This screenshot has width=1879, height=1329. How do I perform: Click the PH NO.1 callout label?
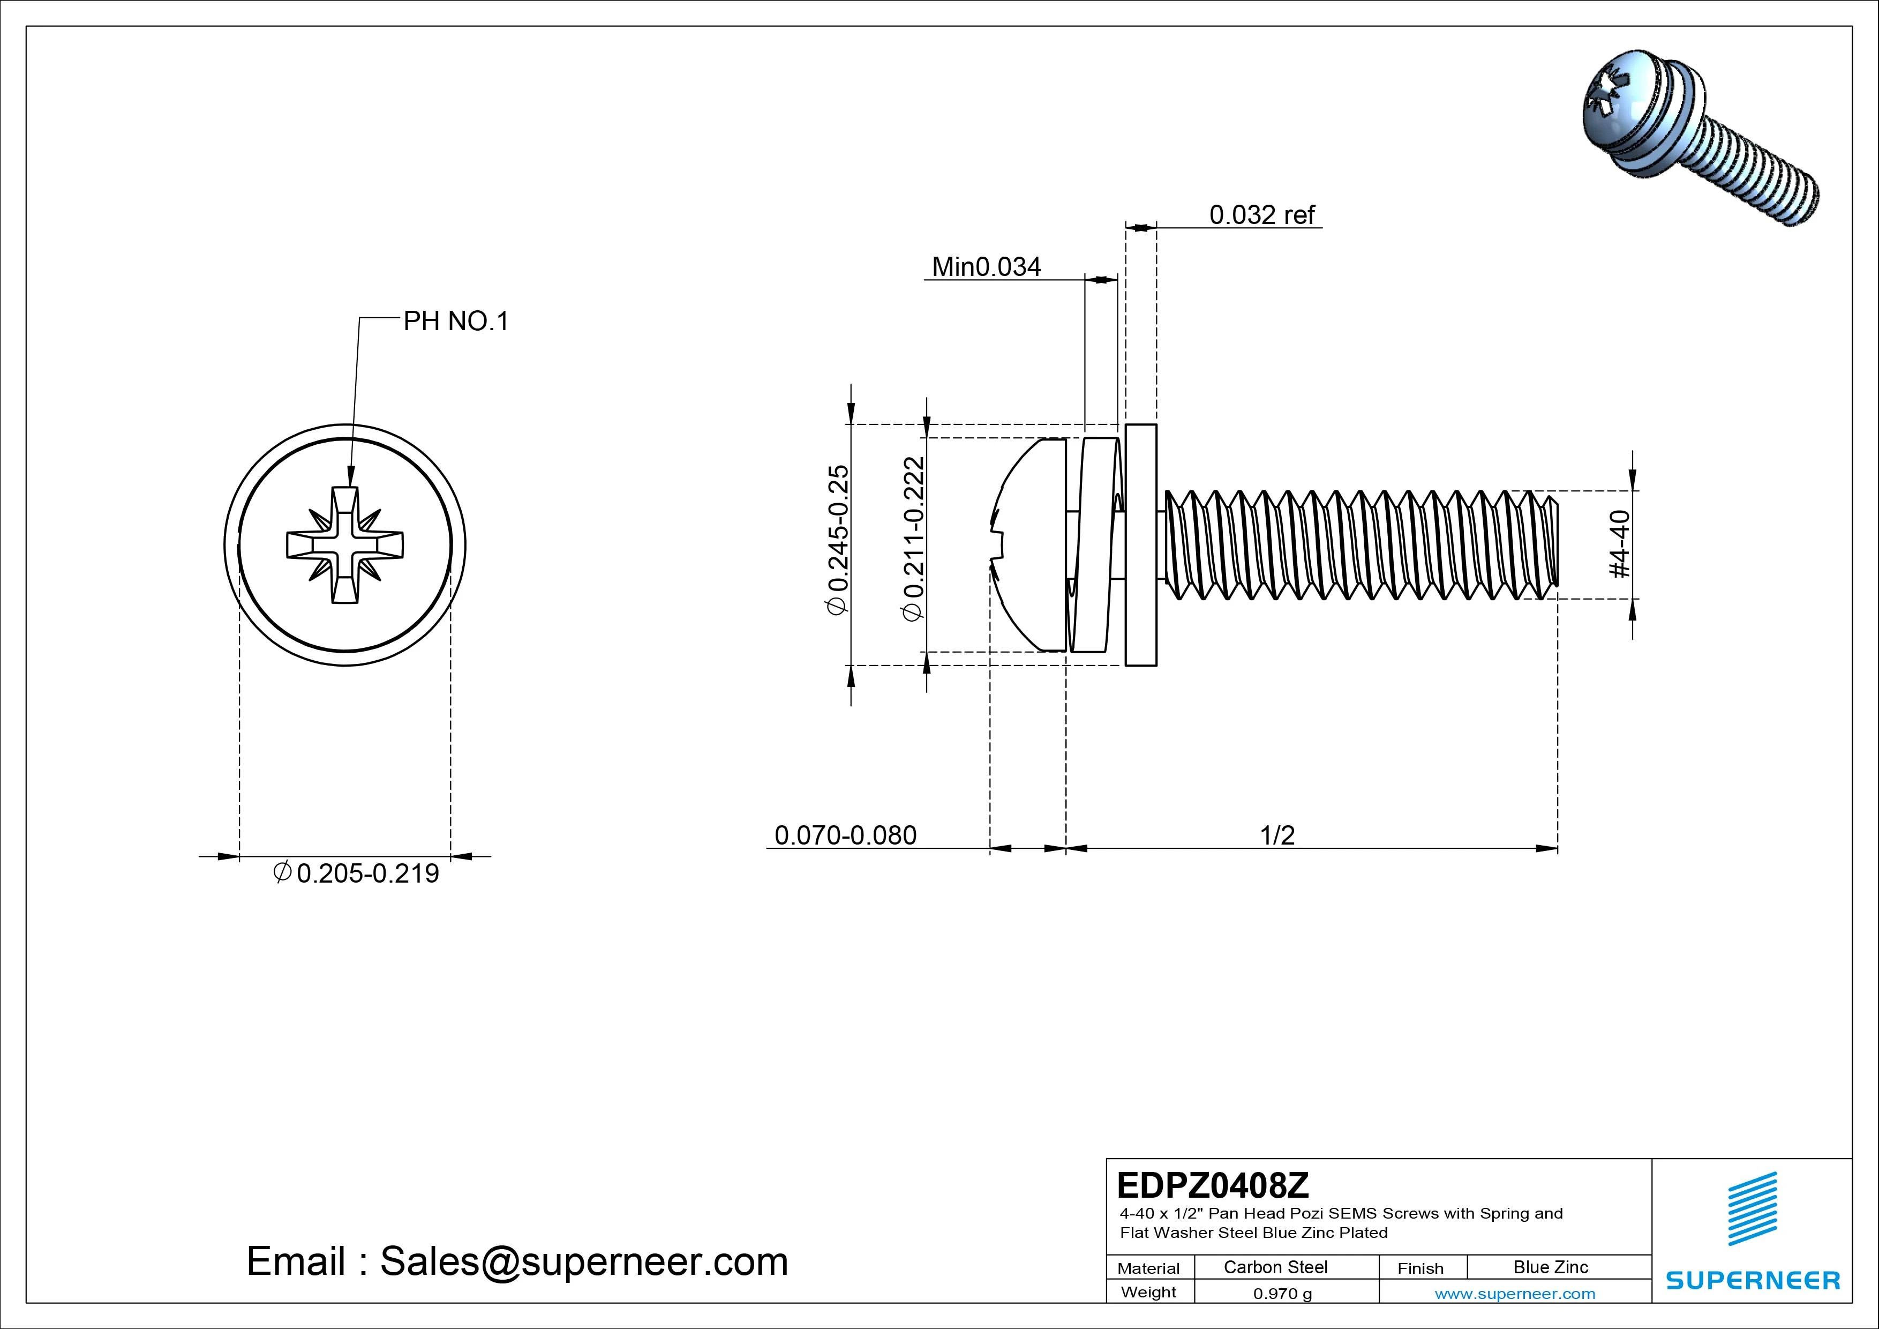click(456, 321)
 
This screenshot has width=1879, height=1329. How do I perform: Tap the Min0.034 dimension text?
click(986, 267)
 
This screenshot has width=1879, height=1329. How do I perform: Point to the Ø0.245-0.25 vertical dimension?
click(839, 541)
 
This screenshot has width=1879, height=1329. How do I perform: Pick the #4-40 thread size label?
click(1620, 544)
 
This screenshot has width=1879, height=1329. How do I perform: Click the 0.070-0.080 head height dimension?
click(845, 835)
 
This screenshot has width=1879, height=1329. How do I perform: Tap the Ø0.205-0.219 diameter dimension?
click(356, 873)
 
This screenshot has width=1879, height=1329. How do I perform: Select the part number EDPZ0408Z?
click(1212, 1185)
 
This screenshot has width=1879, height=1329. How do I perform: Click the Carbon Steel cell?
click(1275, 1267)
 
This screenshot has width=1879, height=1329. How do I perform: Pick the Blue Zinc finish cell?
click(1550, 1267)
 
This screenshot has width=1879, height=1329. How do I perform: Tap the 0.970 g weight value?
click(1282, 1294)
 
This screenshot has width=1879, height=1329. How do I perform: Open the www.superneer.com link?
click(1514, 1294)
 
